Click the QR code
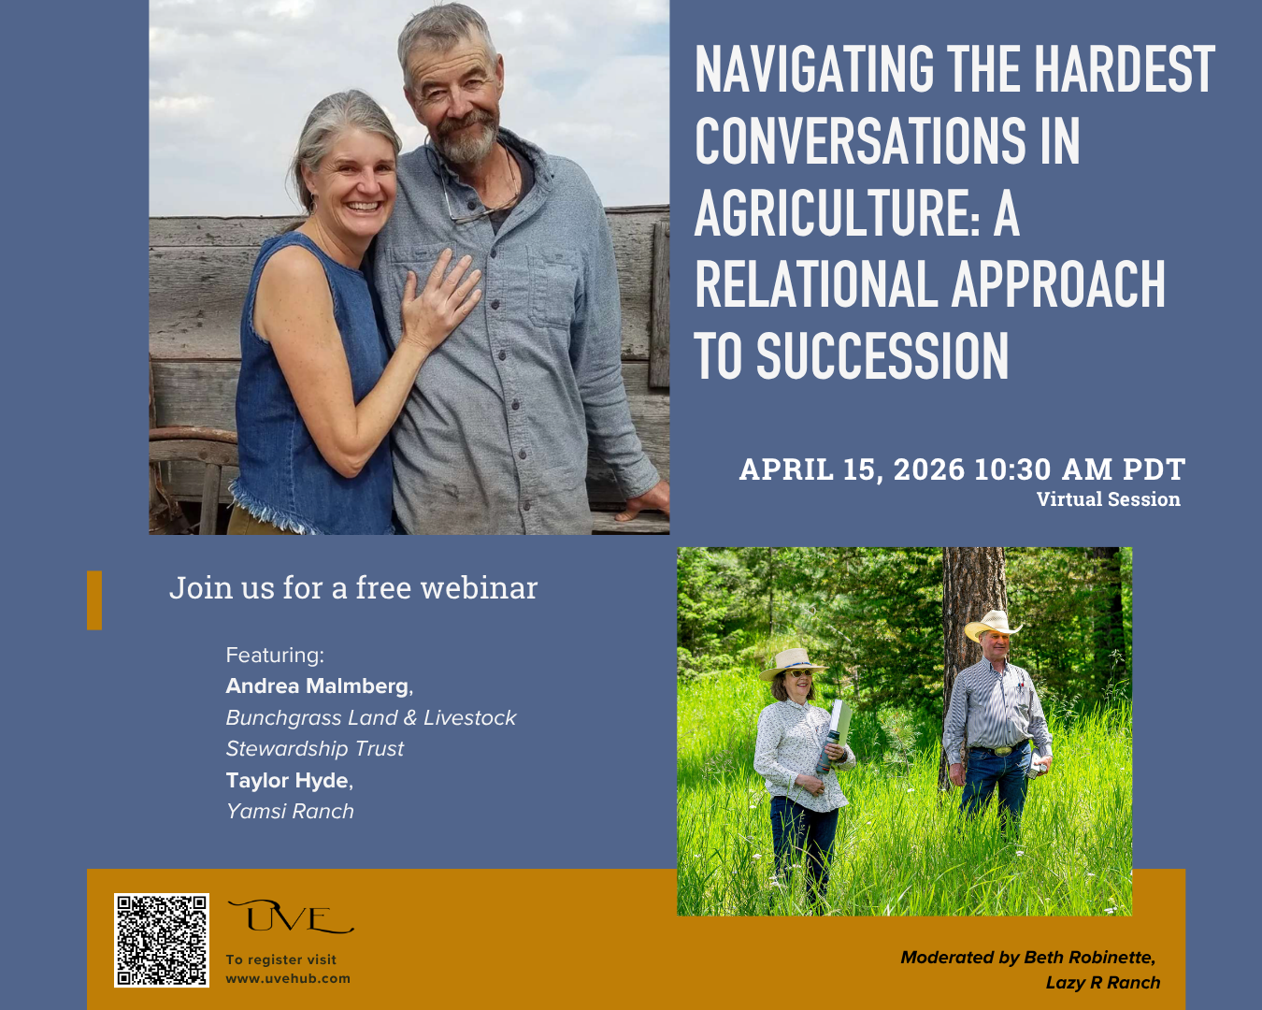(x=162, y=940)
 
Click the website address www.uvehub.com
(x=288, y=979)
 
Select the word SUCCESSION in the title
(x=882, y=356)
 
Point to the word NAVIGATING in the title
(x=814, y=70)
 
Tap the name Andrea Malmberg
(x=317, y=686)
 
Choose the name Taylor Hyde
(x=287, y=781)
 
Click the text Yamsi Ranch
(x=290, y=812)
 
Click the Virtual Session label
(x=1108, y=499)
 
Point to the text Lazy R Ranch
(x=1103, y=983)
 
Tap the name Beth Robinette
(x=1089, y=958)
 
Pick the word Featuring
(x=274, y=656)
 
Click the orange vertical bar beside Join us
(x=94, y=599)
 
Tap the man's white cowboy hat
(x=992, y=624)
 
